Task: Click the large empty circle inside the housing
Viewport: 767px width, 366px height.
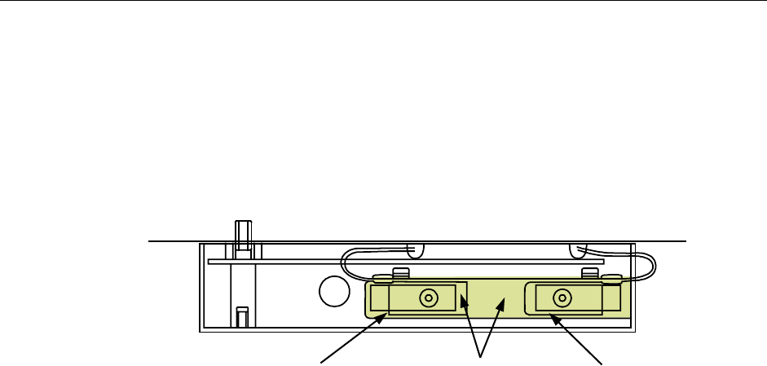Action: point(333,291)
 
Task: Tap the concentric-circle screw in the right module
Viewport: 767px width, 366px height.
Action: point(562,298)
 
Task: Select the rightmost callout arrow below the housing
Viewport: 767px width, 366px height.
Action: point(578,337)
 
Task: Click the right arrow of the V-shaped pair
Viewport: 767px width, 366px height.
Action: point(491,329)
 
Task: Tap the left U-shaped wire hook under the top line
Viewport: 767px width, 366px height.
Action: point(417,249)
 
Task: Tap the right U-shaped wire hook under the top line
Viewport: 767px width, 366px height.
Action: point(581,249)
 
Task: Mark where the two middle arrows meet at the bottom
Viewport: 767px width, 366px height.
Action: point(481,356)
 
